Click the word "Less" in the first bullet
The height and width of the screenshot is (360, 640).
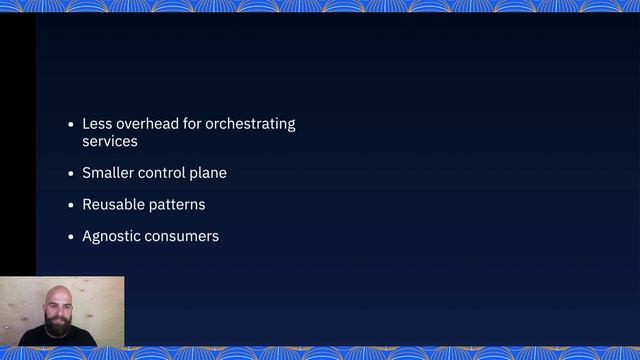97,124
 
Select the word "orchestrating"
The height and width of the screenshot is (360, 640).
251,124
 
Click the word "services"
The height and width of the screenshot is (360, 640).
110,142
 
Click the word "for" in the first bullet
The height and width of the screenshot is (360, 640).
194,124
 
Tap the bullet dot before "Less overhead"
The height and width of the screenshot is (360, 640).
70,125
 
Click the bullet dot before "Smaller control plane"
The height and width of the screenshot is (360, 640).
70,174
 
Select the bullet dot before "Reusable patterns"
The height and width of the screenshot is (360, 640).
70,206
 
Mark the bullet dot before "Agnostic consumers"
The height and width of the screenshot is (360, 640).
70,238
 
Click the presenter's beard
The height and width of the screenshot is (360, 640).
58,326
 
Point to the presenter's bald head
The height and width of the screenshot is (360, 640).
58,293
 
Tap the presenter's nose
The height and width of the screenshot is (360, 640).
58,311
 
